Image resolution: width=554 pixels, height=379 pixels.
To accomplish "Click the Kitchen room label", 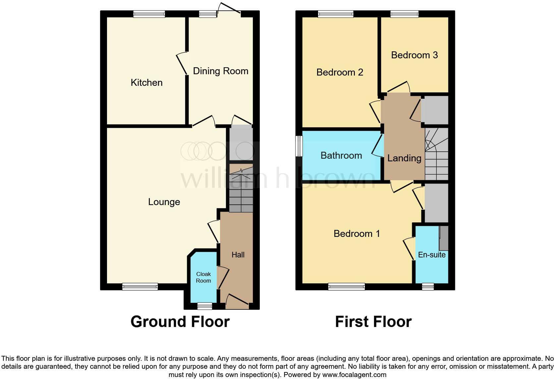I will pyautogui.click(x=146, y=82).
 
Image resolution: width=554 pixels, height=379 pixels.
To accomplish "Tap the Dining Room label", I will pyautogui.click(x=220, y=71).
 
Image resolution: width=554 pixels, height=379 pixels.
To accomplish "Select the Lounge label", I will pyautogui.click(x=164, y=202).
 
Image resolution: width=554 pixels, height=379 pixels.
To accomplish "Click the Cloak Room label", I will pyautogui.click(x=203, y=277).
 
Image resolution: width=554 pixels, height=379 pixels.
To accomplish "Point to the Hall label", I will pyautogui.click(x=238, y=255).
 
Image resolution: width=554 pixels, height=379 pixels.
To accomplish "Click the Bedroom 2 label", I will pyautogui.click(x=340, y=72).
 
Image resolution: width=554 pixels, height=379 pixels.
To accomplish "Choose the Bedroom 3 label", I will pyautogui.click(x=414, y=55).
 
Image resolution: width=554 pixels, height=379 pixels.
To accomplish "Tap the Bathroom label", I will pyautogui.click(x=341, y=155).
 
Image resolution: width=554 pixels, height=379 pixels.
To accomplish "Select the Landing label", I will pyautogui.click(x=404, y=158).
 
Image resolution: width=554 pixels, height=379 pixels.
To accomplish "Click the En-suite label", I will pyautogui.click(x=432, y=255).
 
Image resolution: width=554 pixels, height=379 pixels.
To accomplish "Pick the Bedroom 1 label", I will pyautogui.click(x=357, y=234).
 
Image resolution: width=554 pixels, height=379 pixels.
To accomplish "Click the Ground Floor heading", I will pyautogui.click(x=180, y=322).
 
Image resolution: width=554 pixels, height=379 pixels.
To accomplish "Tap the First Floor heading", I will pyautogui.click(x=373, y=322).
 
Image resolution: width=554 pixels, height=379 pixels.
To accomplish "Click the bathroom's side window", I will pyautogui.click(x=299, y=146).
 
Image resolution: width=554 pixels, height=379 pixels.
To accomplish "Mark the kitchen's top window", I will pyautogui.click(x=149, y=14).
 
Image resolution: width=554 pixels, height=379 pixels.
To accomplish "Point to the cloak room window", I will pyautogui.click(x=204, y=306).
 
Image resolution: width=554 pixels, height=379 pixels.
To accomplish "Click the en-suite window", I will pyautogui.click(x=428, y=287).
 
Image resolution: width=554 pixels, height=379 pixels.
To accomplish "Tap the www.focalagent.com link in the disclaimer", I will pyautogui.click(x=354, y=375).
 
